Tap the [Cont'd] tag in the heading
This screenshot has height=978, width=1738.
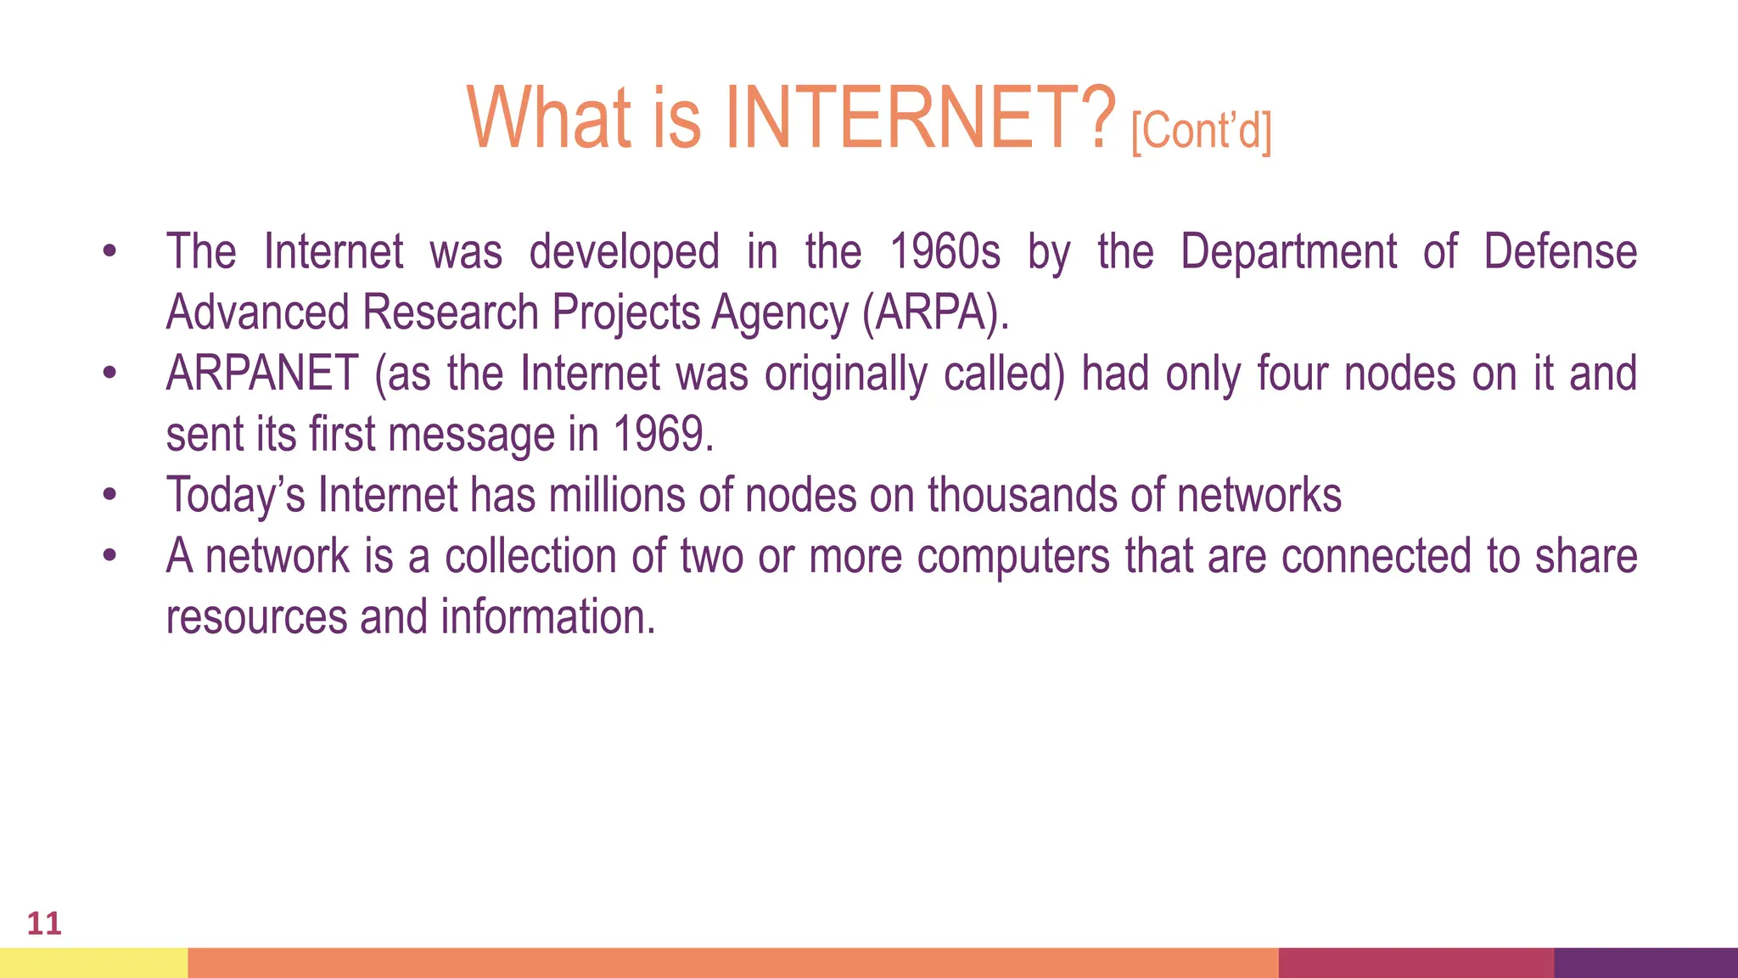[1201, 132]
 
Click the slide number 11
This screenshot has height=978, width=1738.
[44, 923]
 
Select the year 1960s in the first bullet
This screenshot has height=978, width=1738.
[945, 252]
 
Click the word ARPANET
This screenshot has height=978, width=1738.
[262, 374]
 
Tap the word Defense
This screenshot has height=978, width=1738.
[1560, 252]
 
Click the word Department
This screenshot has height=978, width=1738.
[1288, 252]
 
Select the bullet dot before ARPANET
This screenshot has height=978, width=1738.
[109, 374]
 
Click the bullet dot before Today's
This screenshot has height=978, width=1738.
[109, 495]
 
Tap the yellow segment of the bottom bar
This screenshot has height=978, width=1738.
[93, 963]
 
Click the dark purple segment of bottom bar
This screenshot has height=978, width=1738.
[1645, 963]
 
